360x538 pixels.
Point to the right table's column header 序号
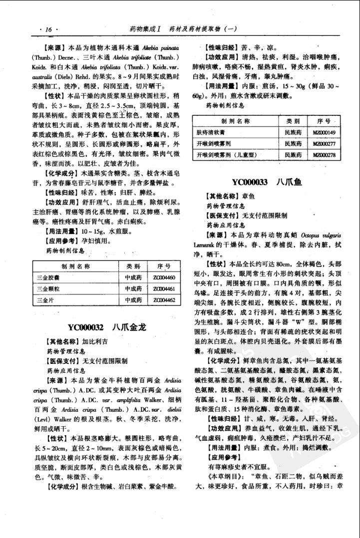coord(324,121)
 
